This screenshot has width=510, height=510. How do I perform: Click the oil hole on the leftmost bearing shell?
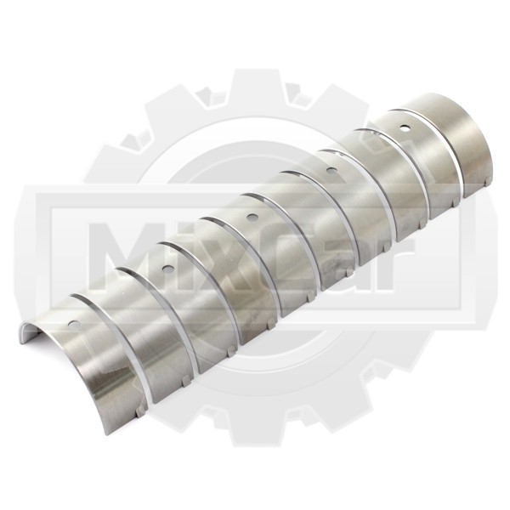coord(74,323)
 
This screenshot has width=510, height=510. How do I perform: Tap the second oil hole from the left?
coord(168,268)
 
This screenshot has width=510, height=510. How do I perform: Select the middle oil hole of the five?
coord(251,217)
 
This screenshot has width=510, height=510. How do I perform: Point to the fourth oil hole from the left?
coord(331,169)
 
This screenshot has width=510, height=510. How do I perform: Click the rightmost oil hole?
coord(405,127)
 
